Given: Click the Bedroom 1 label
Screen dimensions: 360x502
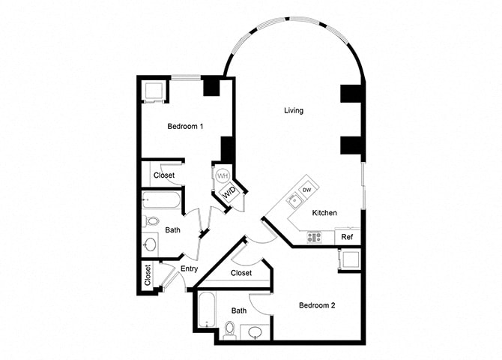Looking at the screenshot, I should click(x=185, y=127).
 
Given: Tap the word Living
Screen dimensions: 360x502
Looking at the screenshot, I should click(x=294, y=111).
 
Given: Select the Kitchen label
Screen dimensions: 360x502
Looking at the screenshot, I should click(x=324, y=212).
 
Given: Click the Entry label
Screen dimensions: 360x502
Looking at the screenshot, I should click(x=189, y=268).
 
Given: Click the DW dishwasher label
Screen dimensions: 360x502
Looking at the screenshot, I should click(x=306, y=190).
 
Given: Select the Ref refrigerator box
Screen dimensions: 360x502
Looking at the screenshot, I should click(x=348, y=237).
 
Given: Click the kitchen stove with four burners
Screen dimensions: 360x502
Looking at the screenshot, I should click(x=315, y=236).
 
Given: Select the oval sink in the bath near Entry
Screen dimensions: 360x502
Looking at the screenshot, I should click(x=150, y=244).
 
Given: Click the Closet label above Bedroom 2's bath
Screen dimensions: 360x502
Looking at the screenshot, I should click(x=241, y=273).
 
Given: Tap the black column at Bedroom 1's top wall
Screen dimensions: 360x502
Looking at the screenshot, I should click(x=212, y=86).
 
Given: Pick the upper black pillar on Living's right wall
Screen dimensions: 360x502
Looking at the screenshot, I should click(x=351, y=94).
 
